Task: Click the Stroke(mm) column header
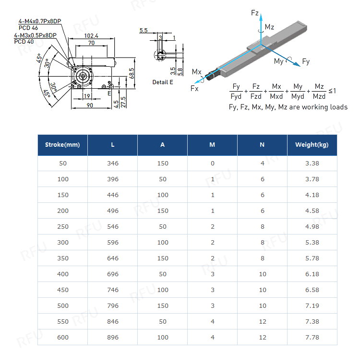62,145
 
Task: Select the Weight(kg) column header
312,145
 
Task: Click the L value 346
112,164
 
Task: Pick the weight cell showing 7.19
312,306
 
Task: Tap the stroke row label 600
62,338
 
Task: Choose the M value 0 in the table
212,164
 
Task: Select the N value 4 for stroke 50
262,164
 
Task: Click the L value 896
112,338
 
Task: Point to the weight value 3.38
312,164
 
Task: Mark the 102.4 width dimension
91,36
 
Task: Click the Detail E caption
163,82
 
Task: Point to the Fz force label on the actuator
255,12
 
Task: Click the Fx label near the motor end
194,89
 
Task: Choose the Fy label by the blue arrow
306,62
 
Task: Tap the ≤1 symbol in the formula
332,91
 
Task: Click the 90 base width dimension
90,105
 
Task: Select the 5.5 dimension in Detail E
144,31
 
